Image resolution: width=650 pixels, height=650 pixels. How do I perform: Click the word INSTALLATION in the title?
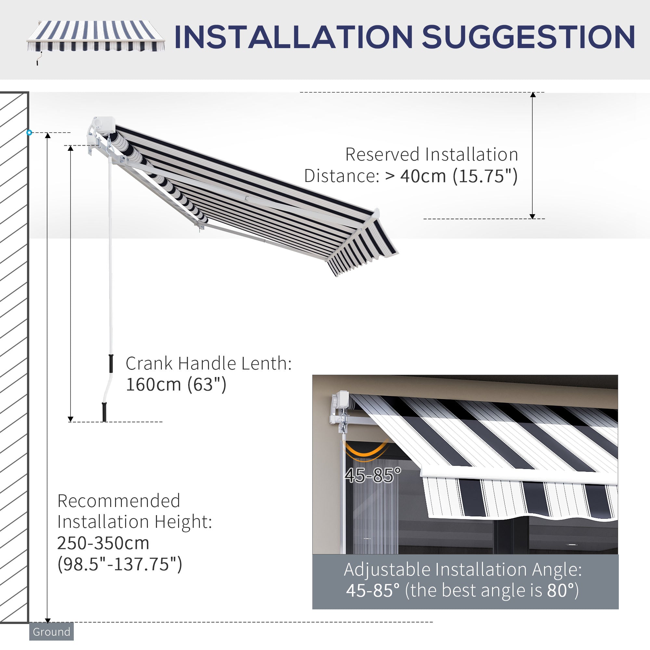(x=293, y=37)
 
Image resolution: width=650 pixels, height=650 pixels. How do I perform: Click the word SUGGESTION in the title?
(x=528, y=37)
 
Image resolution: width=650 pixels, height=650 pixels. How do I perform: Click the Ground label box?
(x=51, y=632)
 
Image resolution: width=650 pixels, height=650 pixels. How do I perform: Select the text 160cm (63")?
(x=176, y=384)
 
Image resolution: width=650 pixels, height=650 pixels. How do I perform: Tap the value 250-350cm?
(x=103, y=543)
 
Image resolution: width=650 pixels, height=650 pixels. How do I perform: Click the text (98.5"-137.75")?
(x=119, y=564)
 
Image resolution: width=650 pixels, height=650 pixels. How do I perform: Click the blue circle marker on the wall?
(x=29, y=133)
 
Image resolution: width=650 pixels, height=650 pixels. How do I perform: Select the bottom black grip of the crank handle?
(x=104, y=411)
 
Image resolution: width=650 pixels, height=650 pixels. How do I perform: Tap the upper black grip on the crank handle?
(x=111, y=363)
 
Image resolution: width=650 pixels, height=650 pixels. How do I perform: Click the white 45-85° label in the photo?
(x=373, y=476)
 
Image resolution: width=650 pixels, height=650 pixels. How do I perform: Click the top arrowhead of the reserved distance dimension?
(x=533, y=95)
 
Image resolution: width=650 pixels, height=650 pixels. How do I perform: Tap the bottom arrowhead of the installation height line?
(x=47, y=620)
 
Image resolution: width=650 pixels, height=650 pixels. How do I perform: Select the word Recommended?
(x=119, y=501)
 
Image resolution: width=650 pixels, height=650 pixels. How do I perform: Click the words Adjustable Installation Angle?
(x=462, y=569)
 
